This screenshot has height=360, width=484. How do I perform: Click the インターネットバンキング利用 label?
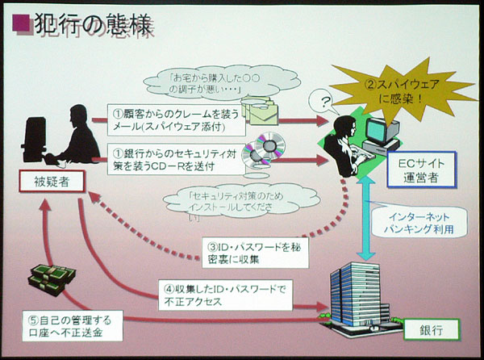click(x=419, y=224)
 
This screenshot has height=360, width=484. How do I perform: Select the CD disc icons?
click(x=266, y=153)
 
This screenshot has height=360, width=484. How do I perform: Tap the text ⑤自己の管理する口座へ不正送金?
click(x=77, y=326)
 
